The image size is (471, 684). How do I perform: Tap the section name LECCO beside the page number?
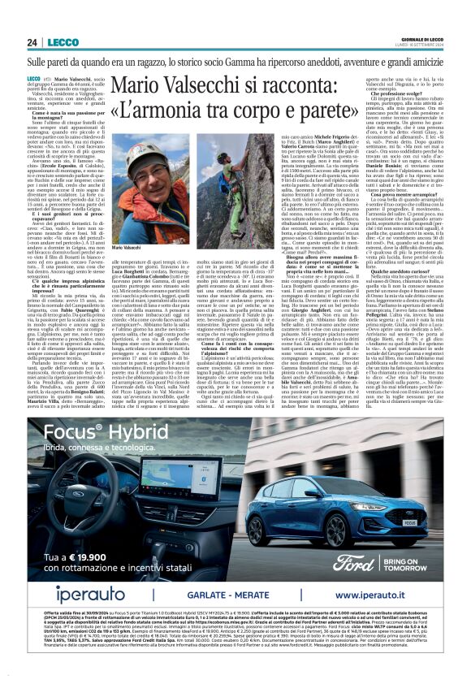56,42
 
